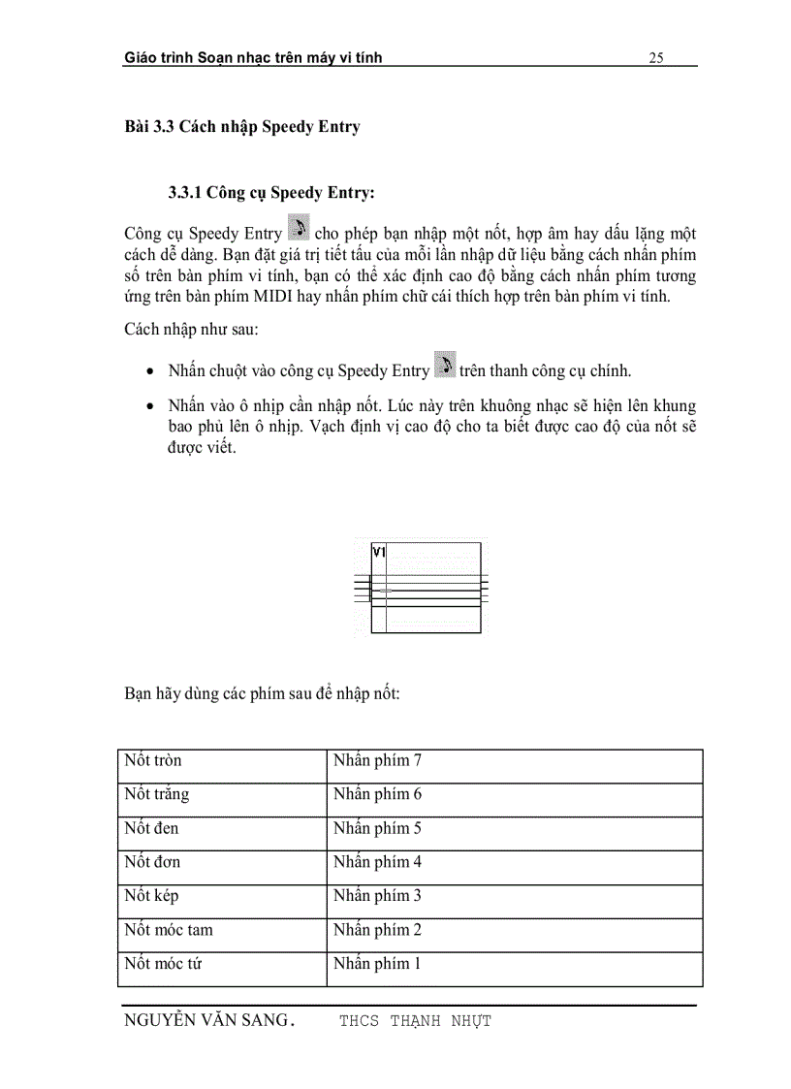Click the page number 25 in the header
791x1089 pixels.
[655, 58]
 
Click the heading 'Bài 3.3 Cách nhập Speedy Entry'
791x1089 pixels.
[241, 128]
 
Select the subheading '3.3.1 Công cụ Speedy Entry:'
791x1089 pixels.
[270, 193]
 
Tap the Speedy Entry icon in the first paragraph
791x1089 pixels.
[299, 230]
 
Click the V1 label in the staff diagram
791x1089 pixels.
[379, 552]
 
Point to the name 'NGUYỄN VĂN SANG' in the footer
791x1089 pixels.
[206, 1020]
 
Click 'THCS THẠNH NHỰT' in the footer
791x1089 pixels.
[415, 1021]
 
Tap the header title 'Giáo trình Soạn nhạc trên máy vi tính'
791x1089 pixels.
[253, 58]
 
